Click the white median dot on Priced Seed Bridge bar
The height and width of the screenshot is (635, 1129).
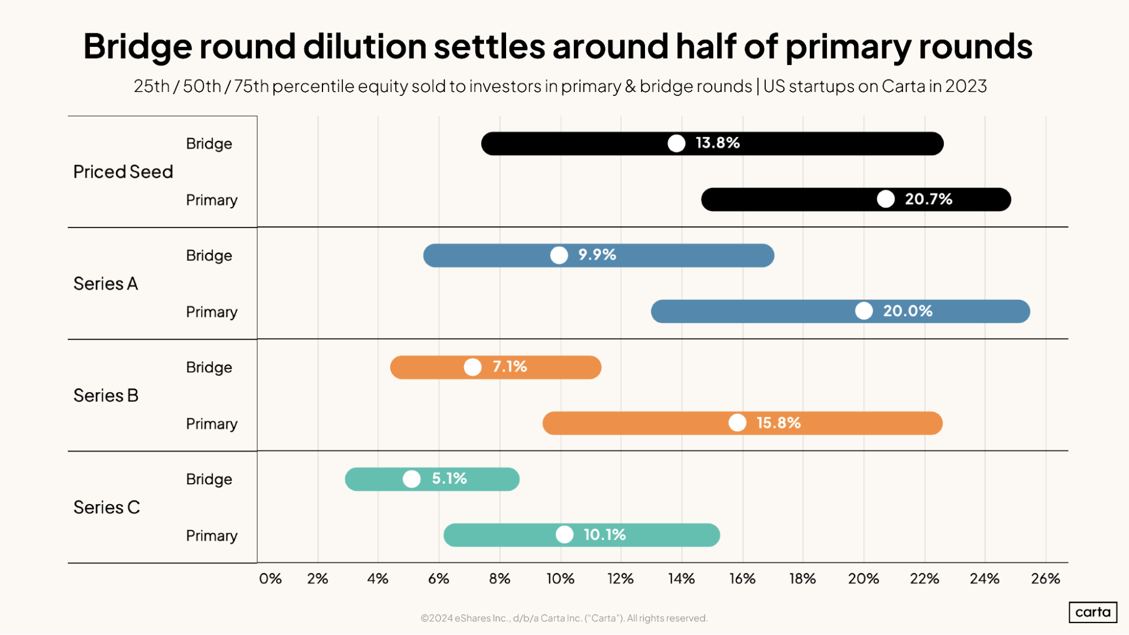tap(676, 143)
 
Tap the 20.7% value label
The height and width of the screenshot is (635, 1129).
tap(928, 199)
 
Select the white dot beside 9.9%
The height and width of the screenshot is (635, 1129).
tap(559, 255)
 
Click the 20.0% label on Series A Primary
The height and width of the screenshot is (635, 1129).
tap(907, 311)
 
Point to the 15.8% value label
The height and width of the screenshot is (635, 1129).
tap(778, 423)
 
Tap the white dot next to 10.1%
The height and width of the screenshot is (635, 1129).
tap(564, 535)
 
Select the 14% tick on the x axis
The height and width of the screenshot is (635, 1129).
tap(681, 579)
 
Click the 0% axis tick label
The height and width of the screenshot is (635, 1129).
tap(270, 579)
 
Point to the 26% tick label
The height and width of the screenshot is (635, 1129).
tap(1045, 579)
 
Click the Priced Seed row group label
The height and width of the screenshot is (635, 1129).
tap(123, 172)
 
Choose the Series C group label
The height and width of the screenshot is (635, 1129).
tap(106, 507)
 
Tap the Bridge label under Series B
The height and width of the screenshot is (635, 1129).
tap(209, 367)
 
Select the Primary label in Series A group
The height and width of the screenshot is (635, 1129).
tap(211, 312)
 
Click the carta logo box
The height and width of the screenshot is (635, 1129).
tap(1092, 612)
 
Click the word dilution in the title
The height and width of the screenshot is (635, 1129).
tap(365, 46)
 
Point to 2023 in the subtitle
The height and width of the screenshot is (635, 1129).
tap(966, 86)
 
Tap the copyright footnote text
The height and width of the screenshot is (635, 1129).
tap(564, 618)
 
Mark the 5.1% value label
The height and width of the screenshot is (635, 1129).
tap(449, 479)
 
